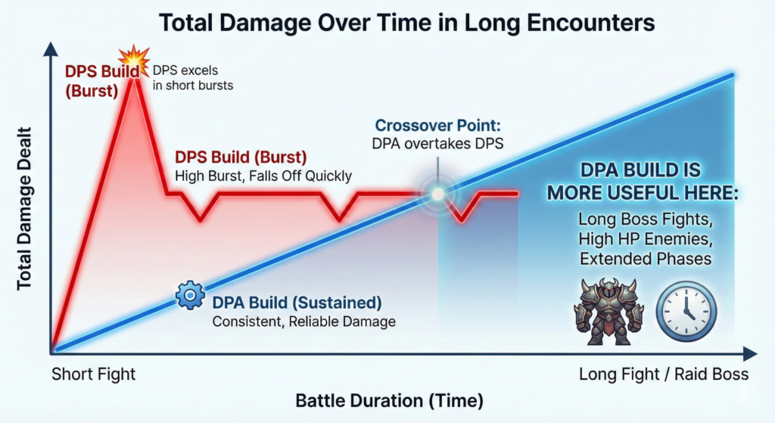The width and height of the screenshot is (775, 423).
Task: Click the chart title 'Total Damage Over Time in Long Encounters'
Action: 406,23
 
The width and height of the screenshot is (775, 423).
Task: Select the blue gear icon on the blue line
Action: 190,296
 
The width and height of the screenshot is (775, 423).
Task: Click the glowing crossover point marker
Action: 438,194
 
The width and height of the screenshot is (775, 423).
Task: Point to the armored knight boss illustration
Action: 608,311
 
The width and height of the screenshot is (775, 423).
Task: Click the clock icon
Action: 686,311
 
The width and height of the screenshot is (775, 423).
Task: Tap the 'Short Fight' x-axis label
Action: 93,374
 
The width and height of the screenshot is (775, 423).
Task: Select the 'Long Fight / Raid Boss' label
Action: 664,374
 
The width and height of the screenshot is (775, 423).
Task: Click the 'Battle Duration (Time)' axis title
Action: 390,400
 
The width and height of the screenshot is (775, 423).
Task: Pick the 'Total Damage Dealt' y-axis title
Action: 24,209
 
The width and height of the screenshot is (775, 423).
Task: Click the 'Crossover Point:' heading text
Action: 438,126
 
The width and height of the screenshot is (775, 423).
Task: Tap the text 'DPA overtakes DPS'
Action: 438,144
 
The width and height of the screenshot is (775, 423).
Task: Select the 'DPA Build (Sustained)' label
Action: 297,303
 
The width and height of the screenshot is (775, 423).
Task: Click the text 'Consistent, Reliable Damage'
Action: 304,322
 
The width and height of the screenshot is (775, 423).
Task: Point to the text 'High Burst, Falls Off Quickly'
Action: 263,176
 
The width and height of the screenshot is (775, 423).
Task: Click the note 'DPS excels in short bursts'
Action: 193,78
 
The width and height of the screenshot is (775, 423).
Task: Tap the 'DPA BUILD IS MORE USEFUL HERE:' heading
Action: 642,182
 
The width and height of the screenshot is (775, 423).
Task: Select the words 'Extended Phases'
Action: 646,259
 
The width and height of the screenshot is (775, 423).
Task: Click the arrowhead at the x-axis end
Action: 750,354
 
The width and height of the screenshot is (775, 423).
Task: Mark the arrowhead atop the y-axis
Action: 51,49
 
